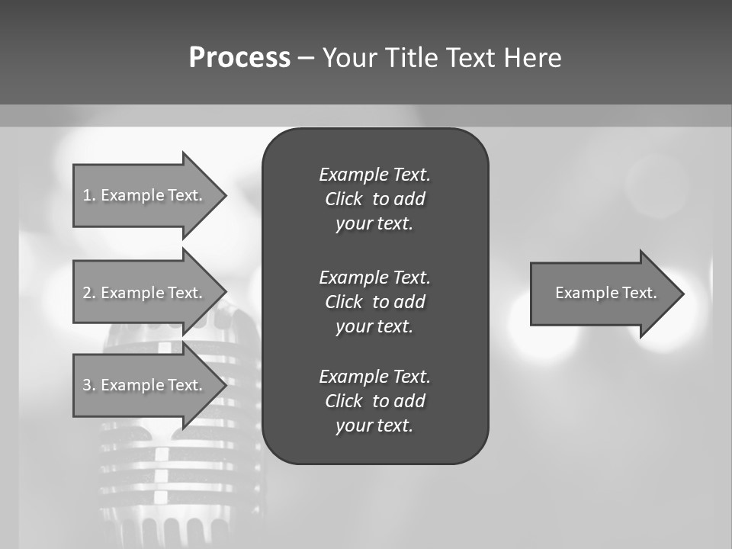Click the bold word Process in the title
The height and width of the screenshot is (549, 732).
239,58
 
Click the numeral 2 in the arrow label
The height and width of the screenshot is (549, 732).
87,293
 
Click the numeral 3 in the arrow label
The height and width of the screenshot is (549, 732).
87,385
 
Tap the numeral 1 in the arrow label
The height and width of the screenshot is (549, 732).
87,195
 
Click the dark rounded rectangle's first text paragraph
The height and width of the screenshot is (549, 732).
374,199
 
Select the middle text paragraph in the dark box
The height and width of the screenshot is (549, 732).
374,302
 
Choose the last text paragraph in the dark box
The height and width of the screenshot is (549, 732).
374,401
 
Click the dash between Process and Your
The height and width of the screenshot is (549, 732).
306,58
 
